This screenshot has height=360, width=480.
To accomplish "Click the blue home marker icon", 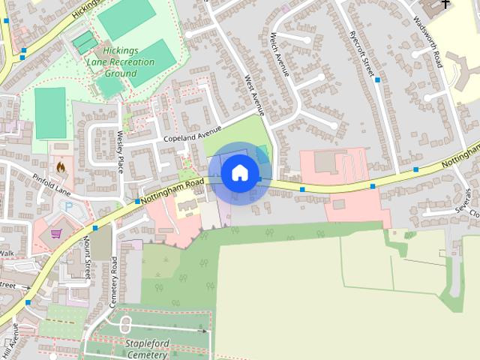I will (x=240, y=173).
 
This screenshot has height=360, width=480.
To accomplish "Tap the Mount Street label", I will (x=87, y=259).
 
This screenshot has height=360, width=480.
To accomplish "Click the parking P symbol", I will (x=70, y=206).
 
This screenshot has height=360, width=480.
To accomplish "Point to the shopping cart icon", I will (x=55, y=234).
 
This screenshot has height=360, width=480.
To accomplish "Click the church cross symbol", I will (x=445, y=4).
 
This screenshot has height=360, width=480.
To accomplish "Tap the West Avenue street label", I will (x=255, y=94).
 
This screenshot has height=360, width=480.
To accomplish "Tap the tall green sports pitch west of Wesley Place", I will (x=50, y=112).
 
